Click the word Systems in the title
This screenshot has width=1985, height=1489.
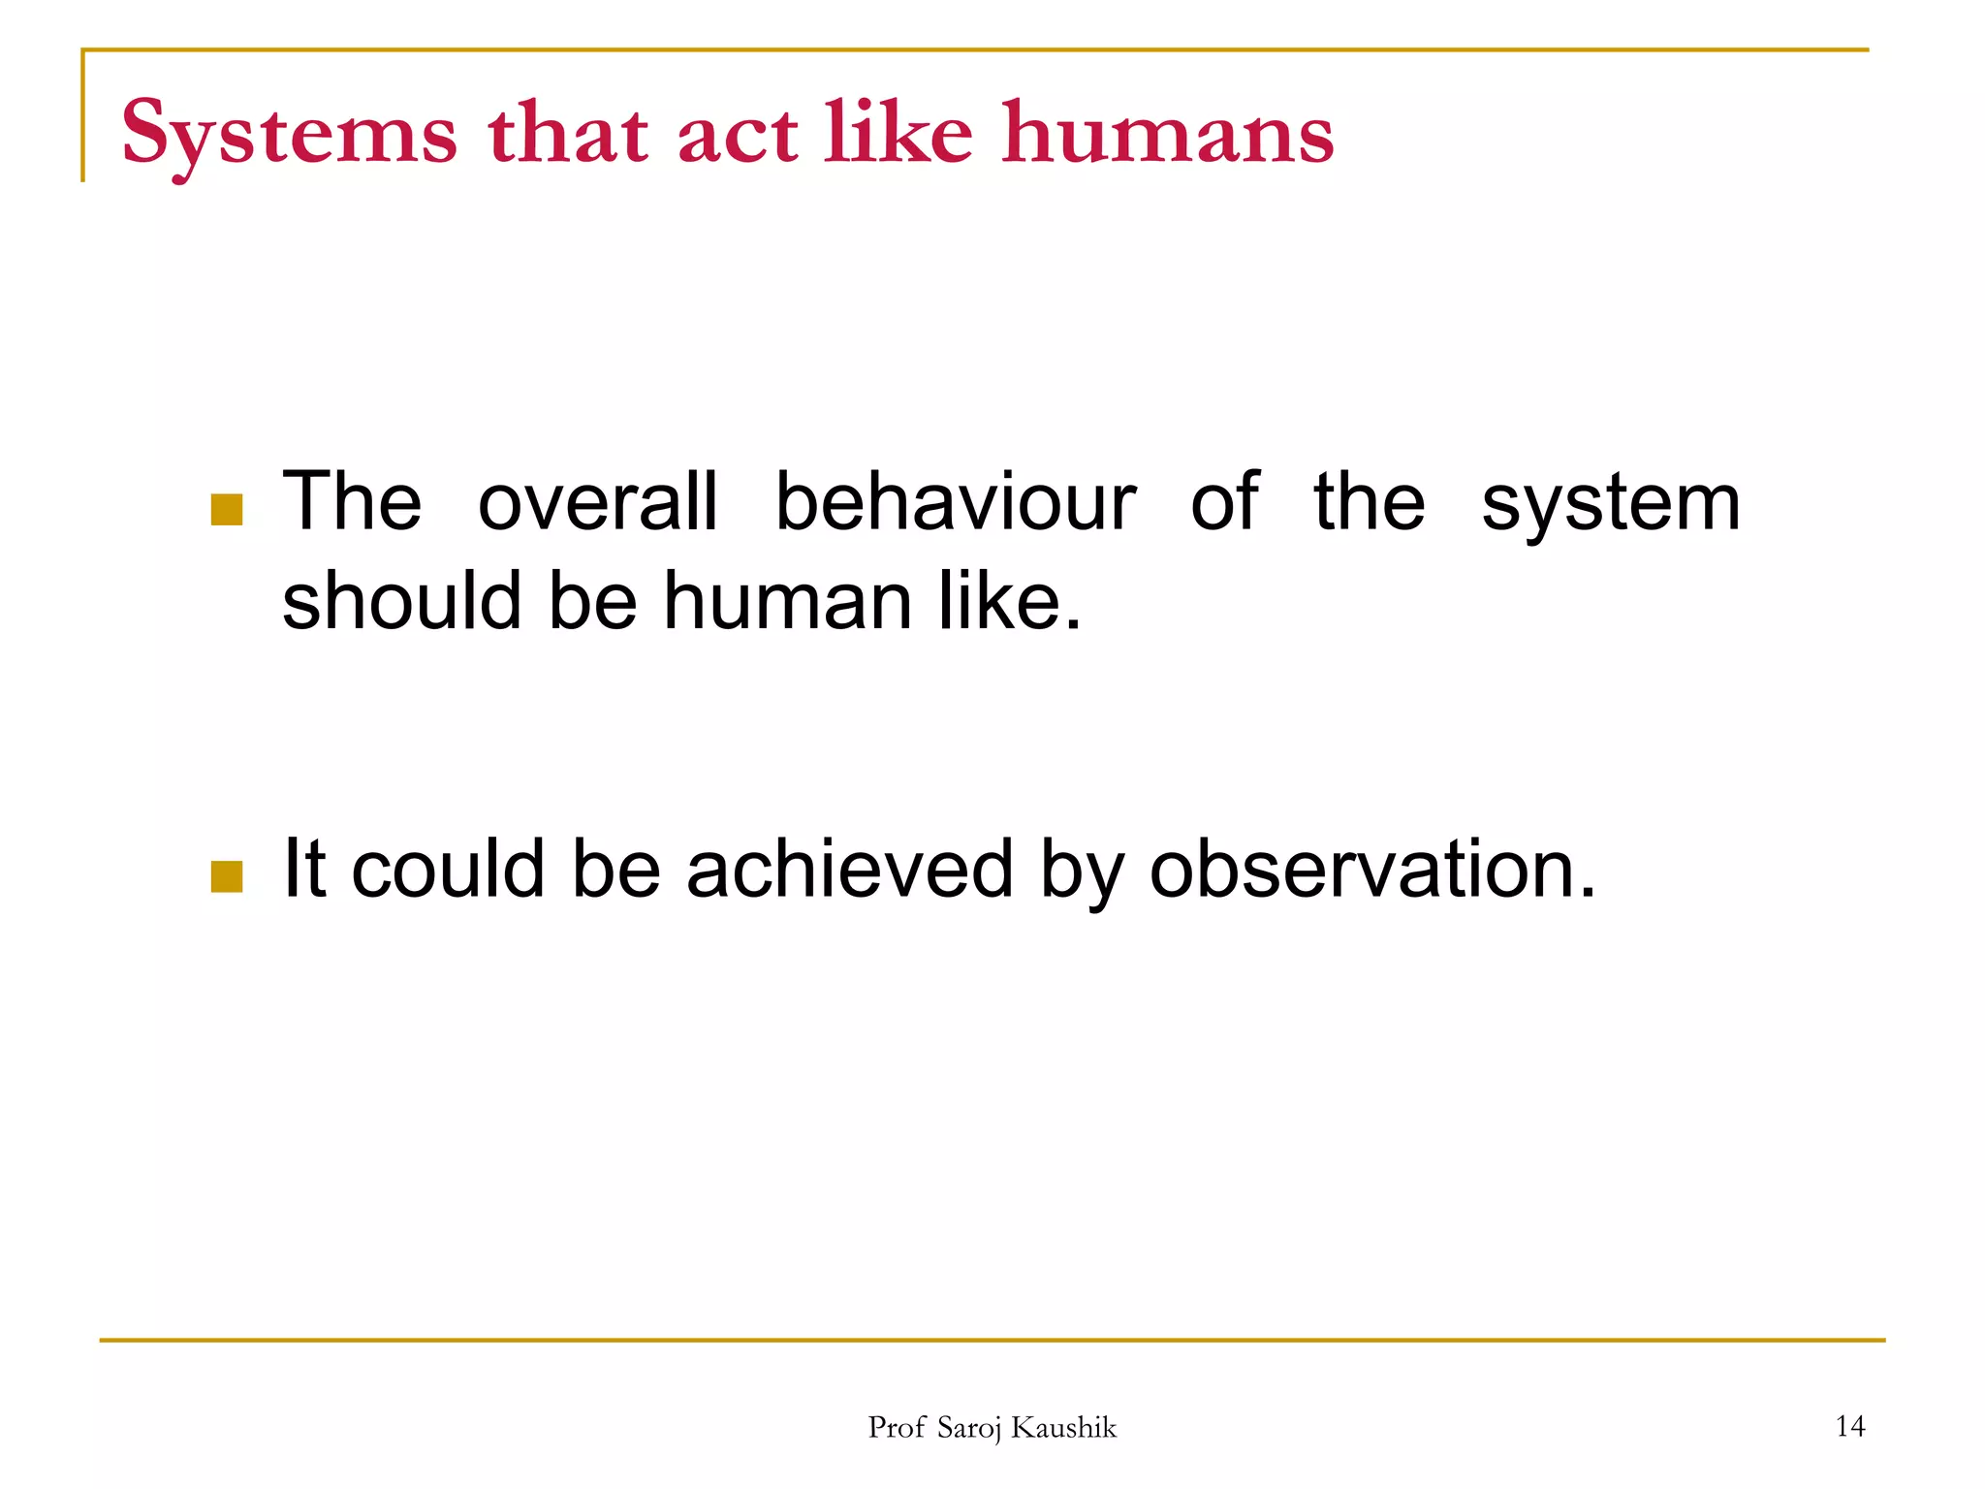(289, 136)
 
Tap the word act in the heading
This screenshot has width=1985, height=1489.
(739, 136)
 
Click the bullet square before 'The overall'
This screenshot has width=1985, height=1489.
(227, 510)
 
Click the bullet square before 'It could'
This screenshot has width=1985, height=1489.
(227, 876)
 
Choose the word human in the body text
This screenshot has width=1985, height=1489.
(788, 601)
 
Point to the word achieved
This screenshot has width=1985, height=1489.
(850, 869)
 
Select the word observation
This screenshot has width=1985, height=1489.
(1371, 869)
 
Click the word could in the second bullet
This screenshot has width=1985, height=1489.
(448, 869)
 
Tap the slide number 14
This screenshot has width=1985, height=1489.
(1850, 1426)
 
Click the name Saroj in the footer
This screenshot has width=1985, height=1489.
(969, 1428)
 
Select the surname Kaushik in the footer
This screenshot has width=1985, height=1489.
(1063, 1427)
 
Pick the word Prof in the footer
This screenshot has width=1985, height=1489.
(897, 1427)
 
